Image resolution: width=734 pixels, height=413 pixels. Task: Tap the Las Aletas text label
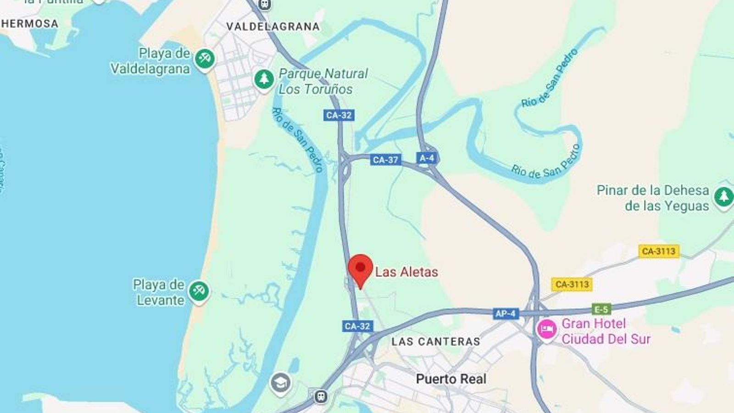click(x=406, y=272)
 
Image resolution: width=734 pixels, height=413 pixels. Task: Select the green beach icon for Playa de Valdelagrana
click(x=205, y=59)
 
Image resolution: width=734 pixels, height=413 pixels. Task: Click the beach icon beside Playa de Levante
click(x=199, y=291)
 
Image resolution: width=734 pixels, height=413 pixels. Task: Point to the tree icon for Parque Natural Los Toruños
click(x=264, y=79)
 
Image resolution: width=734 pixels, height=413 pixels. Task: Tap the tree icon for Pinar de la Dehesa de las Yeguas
click(x=724, y=197)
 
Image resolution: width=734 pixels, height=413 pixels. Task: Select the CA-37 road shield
click(x=385, y=160)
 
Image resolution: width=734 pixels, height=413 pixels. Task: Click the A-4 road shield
click(x=427, y=158)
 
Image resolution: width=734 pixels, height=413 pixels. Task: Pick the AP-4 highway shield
click(x=505, y=313)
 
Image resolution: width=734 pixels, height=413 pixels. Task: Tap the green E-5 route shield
click(x=601, y=309)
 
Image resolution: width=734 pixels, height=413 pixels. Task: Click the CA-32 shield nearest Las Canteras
click(x=357, y=326)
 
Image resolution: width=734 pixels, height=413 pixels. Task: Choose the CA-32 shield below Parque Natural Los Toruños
click(x=339, y=115)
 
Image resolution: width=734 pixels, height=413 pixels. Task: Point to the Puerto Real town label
click(x=451, y=379)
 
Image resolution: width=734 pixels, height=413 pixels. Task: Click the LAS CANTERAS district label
click(x=436, y=341)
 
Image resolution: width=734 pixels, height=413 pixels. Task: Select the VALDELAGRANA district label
click(x=273, y=27)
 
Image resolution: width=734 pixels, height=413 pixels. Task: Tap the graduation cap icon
click(x=280, y=382)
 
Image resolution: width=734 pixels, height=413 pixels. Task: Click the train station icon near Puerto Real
click(x=321, y=396)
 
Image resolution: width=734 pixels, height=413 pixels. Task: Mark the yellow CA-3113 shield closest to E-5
click(x=572, y=284)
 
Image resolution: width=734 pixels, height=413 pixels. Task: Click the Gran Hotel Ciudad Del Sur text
click(x=606, y=331)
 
